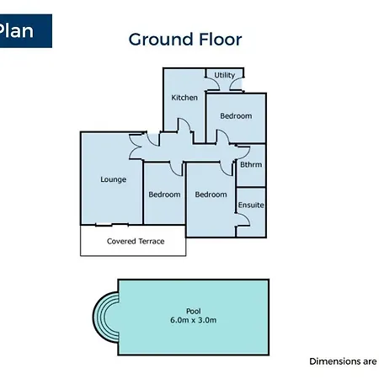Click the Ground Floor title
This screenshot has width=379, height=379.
(x=185, y=40)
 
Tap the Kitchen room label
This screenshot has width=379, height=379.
(x=184, y=98)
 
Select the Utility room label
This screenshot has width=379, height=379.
(x=225, y=75)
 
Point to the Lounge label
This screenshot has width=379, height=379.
(x=114, y=179)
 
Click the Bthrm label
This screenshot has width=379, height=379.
(x=251, y=164)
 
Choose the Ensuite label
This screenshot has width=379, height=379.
(x=251, y=206)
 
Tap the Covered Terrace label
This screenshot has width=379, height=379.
(x=136, y=242)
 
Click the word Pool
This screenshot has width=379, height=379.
(x=194, y=311)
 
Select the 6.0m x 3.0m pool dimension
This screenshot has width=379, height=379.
(x=194, y=320)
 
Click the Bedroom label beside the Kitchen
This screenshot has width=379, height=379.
(x=236, y=116)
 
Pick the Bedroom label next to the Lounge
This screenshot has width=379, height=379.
(x=164, y=195)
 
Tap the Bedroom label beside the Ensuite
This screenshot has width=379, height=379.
(x=211, y=195)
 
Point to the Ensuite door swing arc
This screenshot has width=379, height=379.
(x=247, y=217)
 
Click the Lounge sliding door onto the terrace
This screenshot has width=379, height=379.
(x=112, y=224)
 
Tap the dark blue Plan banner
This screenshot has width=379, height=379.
(x=26, y=31)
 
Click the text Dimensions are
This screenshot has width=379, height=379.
(x=343, y=361)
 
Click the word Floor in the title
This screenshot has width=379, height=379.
(x=221, y=40)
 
